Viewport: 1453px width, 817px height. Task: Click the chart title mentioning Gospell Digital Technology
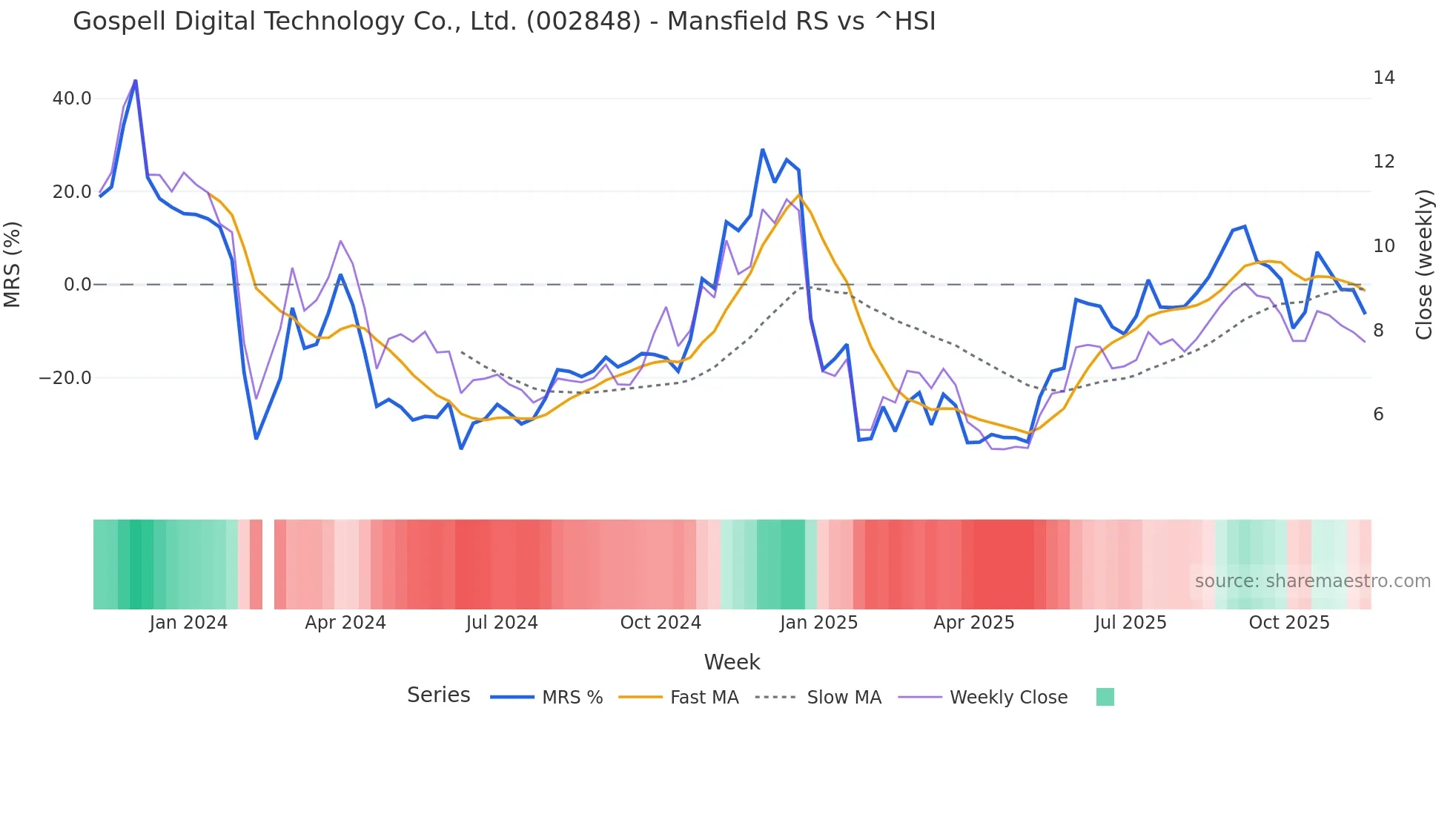[x=504, y=21]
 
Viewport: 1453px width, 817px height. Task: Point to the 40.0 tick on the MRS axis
[x=72, y=99]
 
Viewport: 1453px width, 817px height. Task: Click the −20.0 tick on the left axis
[x=65, y=378]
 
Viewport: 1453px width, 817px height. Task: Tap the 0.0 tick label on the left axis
[x=77, y=285]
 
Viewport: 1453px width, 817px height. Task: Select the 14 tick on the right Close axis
[x=1383, y=78]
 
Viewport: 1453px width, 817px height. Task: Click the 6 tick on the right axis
[x=1378, y=414]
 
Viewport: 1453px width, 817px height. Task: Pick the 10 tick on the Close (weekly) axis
[x=1383, y=246]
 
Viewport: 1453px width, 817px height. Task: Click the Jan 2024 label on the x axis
[x=188, y=623]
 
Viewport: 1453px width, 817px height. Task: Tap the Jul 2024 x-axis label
[x=502, y=623]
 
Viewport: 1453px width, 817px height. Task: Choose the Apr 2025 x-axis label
[x=973, y=623]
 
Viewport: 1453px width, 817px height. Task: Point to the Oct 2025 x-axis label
[x=1289, y=623]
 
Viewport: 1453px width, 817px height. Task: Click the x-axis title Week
[x=732, y=662]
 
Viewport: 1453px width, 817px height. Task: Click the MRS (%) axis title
[x=13, y=265]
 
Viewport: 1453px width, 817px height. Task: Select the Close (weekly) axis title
[x=1424, y=265]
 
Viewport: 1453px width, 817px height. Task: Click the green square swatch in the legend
[x=1105, y=697]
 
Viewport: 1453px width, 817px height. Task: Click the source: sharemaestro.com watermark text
[x=1312, y=581]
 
